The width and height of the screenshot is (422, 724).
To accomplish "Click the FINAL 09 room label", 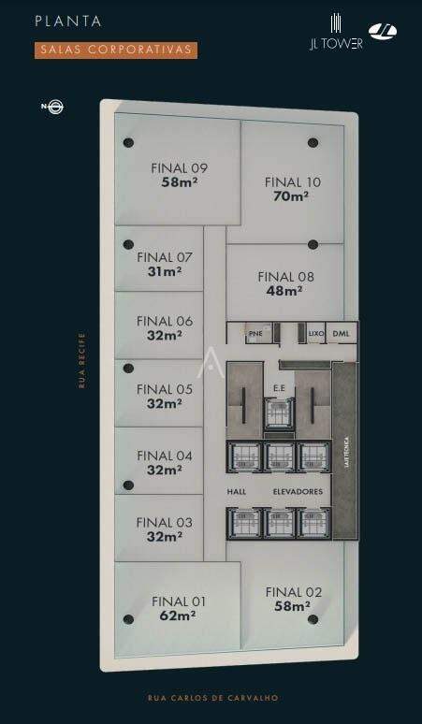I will click(x=179, y=168).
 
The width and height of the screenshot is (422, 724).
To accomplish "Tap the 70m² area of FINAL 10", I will click(x=292, y=196).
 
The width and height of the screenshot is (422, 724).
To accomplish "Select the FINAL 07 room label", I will click(x=164, y=257).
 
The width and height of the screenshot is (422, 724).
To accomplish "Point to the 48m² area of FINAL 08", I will click(x=285, y=291).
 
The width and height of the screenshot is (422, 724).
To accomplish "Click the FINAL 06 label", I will click(x=164, y=321).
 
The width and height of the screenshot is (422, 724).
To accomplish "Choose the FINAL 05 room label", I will click(x=164, y=389).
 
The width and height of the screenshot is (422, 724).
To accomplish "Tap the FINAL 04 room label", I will click(x=164, y=456).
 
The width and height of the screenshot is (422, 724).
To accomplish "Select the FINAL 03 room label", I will click(x=164, y=522).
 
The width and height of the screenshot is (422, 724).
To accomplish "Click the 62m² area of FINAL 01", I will click(x=178, y=615).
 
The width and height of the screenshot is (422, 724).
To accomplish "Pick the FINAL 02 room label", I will click(x=293, y=591).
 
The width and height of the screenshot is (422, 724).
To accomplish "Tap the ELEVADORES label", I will click(x=298, y=491).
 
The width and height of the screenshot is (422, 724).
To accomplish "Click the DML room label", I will click(x=341, y=332).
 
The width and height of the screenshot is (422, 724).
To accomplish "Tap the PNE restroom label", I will click(x=255, y=332).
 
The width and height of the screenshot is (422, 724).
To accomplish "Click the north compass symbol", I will click(x=53, y=107).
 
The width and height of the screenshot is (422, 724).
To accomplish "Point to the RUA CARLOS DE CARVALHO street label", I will click(x=212, y=698).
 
